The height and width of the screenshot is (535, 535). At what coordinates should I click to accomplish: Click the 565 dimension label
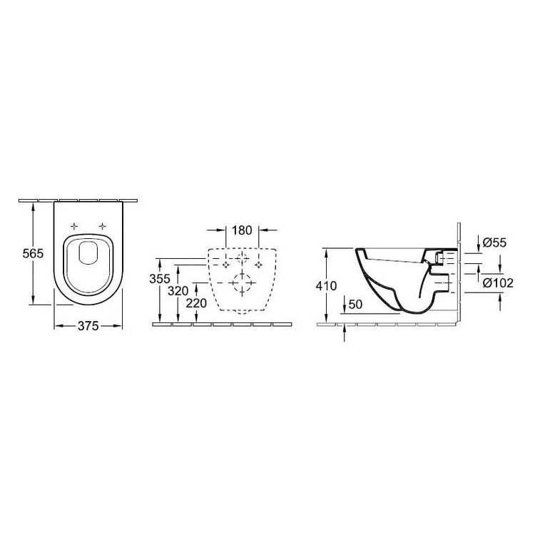(33, 253)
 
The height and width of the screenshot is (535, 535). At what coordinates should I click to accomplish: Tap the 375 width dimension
(88, 326)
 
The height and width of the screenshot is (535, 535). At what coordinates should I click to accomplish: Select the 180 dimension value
(242, 230)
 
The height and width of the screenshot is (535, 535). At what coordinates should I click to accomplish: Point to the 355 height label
(160, 279)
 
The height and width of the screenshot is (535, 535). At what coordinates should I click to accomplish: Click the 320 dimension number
(178, 291)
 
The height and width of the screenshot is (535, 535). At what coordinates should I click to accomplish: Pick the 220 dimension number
(197, 303)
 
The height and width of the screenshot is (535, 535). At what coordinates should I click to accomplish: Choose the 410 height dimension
(326, 285)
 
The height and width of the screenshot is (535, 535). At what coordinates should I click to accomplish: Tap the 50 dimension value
(355, 304)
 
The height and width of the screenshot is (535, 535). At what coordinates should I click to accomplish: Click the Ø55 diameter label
(495, 243)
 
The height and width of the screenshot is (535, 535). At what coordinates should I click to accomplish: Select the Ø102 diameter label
(498, 283)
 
